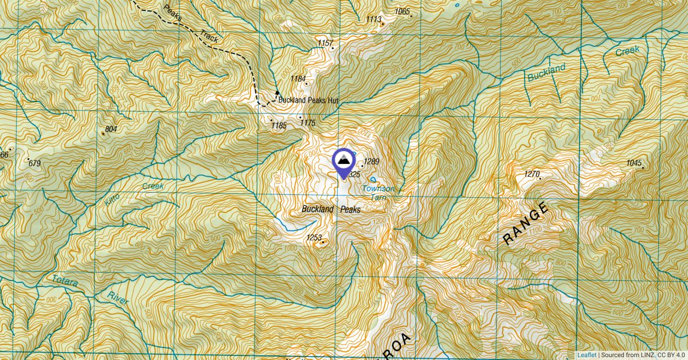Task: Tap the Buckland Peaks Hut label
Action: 308,100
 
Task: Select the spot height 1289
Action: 372,162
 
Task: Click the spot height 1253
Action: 314,237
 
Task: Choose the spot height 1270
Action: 532,174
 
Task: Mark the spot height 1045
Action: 634,163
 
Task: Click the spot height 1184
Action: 298,79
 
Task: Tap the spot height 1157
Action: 325,44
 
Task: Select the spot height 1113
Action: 374,19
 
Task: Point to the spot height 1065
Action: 402,11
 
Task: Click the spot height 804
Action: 111,130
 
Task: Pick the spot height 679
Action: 34,164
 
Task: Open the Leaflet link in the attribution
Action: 587,355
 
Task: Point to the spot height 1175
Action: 308,123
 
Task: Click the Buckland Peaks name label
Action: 331,210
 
